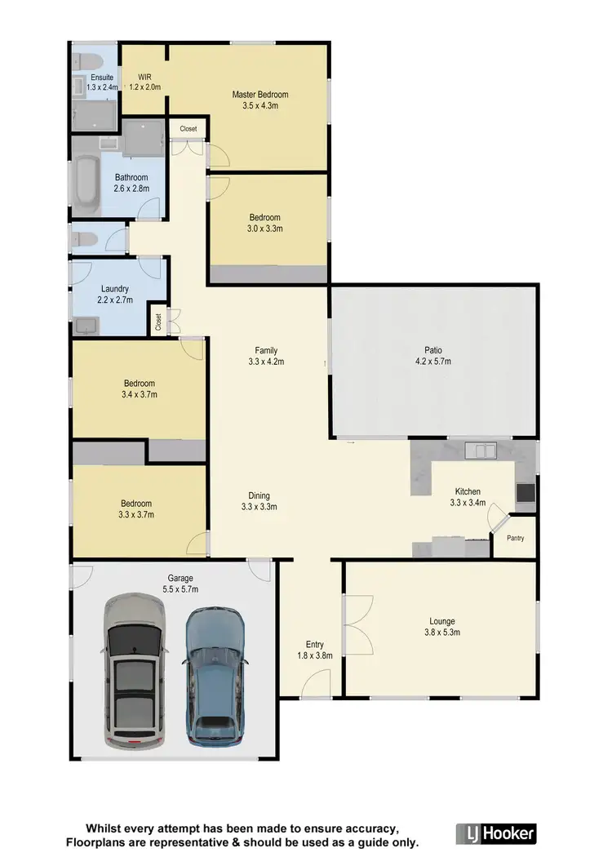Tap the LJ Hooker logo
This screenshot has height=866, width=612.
click(496, 833)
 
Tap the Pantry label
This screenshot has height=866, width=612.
click(515, 539)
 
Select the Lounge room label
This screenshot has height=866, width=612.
click(440, 621)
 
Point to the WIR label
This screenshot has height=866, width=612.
click(144, 76)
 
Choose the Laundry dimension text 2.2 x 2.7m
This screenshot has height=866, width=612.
click(115, 300)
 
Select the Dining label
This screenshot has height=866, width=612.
click(259, 495)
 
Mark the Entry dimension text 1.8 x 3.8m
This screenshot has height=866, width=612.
click(315, 655)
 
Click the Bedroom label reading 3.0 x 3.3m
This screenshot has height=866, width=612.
click(266, 229)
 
